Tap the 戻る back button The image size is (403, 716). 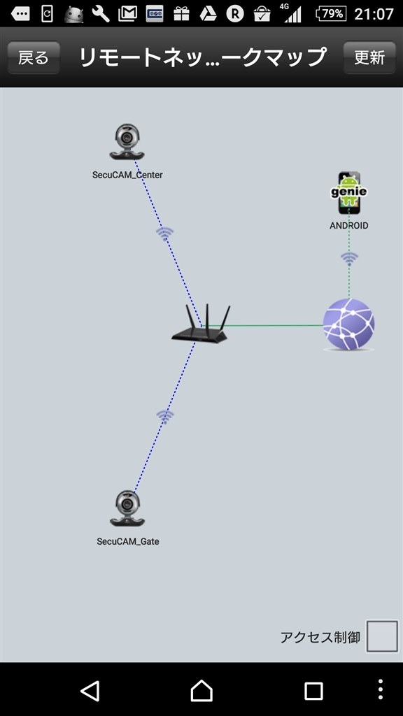pyautogui.click(x=34, y=57)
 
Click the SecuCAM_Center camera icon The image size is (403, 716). pyautogui.click(x=127, y=142)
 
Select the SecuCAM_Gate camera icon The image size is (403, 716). pyautogui.click(x=127, y=509)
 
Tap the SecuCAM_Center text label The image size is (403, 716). pyautogui.click(x=127, y=175)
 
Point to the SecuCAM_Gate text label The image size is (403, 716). pyautogui.click(x=128, y=542)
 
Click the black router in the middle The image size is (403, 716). pyautogui.click(x=199, y=324)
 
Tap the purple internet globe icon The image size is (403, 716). pyautogui.click(x=348, y=324)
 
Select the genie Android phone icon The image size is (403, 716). pyautogui.click(x=349, y=193)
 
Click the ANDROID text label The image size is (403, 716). pyautogui.click(x=349, y=226)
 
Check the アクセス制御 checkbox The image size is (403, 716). pyautogui.click(x=383, y=636)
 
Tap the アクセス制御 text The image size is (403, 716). pyautogui.click(x=320, y=637)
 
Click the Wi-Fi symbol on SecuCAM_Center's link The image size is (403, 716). pyautogui.click(x=164, y=234)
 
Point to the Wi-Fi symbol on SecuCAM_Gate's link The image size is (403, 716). pyautogui.click(x=165, y=417)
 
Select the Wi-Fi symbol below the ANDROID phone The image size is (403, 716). pyautogui.click(x=350, y=259)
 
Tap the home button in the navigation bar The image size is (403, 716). pyautogui.click(x=201, y=690)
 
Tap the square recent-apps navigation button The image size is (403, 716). pyautogui.click(x=313, y=691)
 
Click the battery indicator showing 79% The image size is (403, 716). pyautogui.click(x=331, y=14)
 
